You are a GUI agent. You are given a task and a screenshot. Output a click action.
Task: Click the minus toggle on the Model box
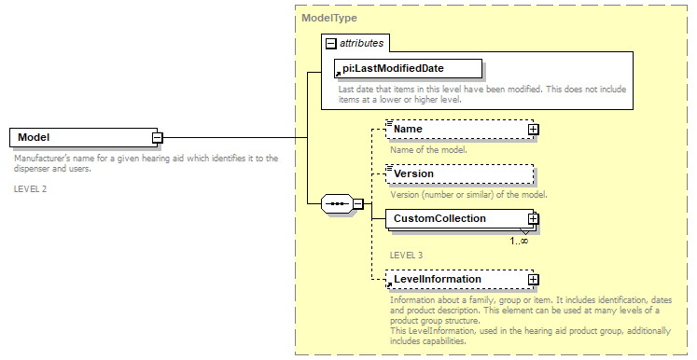tap(158, 138)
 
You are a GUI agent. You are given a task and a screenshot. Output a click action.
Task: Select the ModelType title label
tap(329, 18)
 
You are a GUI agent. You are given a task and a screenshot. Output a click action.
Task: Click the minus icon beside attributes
tap(330, 43)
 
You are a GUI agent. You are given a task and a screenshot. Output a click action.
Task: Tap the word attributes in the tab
tap(362, 43)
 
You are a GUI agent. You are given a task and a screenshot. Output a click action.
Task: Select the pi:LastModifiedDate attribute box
tap(409, 68)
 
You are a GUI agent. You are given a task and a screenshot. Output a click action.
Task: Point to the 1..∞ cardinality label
tap(520, 241)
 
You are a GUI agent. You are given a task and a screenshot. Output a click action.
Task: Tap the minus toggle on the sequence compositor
tap(357, 203)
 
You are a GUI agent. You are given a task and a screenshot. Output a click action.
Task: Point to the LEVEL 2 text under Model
tap(30, 188)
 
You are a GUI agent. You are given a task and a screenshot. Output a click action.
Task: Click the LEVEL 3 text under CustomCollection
tap(406, 255)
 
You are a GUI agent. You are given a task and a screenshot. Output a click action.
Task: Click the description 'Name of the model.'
tap(429, 149)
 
